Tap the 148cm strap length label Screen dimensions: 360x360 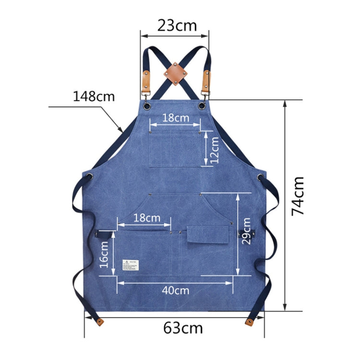tap(94, 96)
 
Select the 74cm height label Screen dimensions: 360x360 tap(298, 195)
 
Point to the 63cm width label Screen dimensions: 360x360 tap(183, 328)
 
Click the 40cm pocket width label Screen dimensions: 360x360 tap(175, 290)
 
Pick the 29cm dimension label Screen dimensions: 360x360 tap(246, 231)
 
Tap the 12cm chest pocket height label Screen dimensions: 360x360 tap(214, 149)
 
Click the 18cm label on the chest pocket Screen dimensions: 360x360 tap(175, 118)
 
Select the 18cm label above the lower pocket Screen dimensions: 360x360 tap(146, 218)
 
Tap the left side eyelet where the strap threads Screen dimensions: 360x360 tap(91, 177)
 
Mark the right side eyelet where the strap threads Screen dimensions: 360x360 tap(260, 177)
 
